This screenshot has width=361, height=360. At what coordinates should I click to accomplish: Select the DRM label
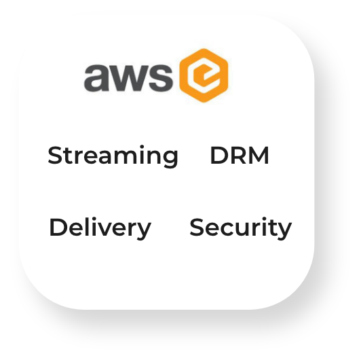click(x=240, y=155)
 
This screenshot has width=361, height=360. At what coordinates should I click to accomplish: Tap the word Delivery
click(x=100, y=228)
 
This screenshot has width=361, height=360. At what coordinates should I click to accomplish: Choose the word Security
click(x=241, y=228)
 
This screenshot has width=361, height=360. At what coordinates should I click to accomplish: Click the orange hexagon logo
click(x=204, y=75)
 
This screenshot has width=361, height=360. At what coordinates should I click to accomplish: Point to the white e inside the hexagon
click(x=204, y=75)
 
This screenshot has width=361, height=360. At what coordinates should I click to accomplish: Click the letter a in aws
click(x=94, y=77)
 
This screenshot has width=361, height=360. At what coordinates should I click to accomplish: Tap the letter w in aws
click(x=126, y=78)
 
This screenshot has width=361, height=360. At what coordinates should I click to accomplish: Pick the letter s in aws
click(x=159, y=77)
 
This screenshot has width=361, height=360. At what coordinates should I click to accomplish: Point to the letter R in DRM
click(x=239, y=155)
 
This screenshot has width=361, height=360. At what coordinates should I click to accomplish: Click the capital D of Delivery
click(x=58, y=227)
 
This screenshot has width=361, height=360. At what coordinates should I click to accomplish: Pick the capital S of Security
click(x=197, y=227)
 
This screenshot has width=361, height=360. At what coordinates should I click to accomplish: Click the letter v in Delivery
click(x=109, y=229)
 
